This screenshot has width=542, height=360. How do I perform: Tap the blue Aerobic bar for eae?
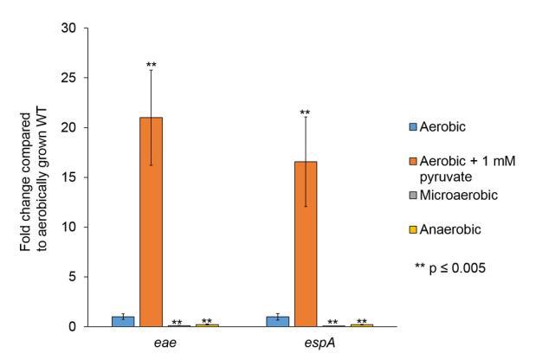pos(122,321)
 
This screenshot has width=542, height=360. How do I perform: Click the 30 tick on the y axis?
pos(76,28)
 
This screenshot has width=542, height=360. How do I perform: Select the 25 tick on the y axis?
pos(76,78)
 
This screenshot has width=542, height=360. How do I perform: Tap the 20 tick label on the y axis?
pos(76,127)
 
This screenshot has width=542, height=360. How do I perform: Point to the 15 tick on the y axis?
pos(76,177)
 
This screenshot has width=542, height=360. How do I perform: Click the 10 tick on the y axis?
pos(76,227)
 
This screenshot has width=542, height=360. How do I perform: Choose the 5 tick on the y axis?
pos(79,277)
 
